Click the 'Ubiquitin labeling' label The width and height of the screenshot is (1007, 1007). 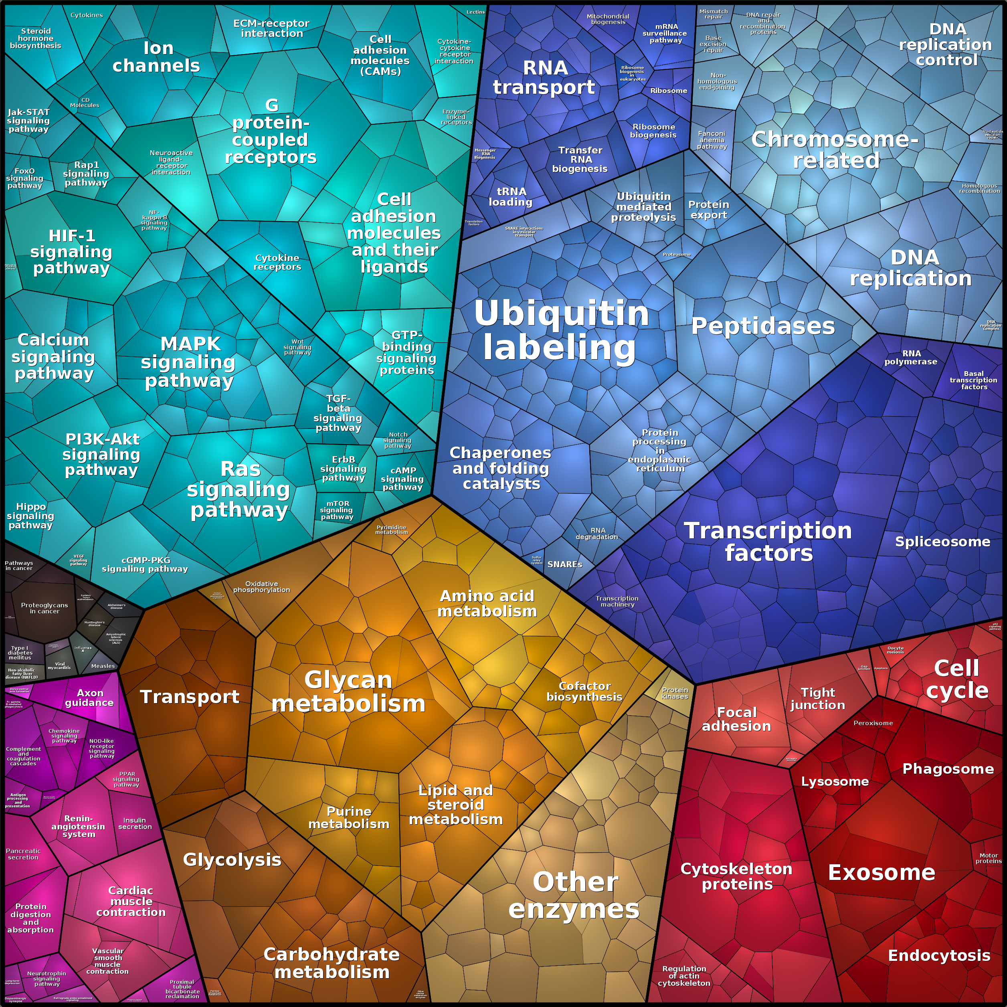click(561, 330)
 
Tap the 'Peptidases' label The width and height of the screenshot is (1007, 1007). click(762, 326)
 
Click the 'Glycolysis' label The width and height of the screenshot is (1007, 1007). click(232, 859)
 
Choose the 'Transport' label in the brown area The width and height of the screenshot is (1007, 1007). click(190, 697)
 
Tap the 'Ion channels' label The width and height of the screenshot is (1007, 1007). click(157, 57)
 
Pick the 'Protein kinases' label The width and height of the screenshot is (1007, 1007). click(674, 693)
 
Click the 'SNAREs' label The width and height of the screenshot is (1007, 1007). click(564, 564)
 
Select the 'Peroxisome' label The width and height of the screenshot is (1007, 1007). click(873, 723)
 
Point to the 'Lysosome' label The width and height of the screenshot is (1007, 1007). click(835, 781)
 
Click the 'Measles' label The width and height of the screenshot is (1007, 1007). click(103, 665)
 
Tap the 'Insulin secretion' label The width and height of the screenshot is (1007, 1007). click(134, 823)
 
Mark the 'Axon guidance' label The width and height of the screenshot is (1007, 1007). click(90, 698)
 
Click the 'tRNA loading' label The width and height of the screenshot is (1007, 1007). click(511, 196)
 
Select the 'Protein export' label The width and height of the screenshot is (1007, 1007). click(708, 210)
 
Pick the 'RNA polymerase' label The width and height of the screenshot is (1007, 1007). click(910, 357)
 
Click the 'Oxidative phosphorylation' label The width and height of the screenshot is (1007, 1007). click(261, 586)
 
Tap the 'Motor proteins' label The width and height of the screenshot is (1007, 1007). click(988, 858)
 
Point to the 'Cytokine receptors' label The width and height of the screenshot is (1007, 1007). click(277, 262)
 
